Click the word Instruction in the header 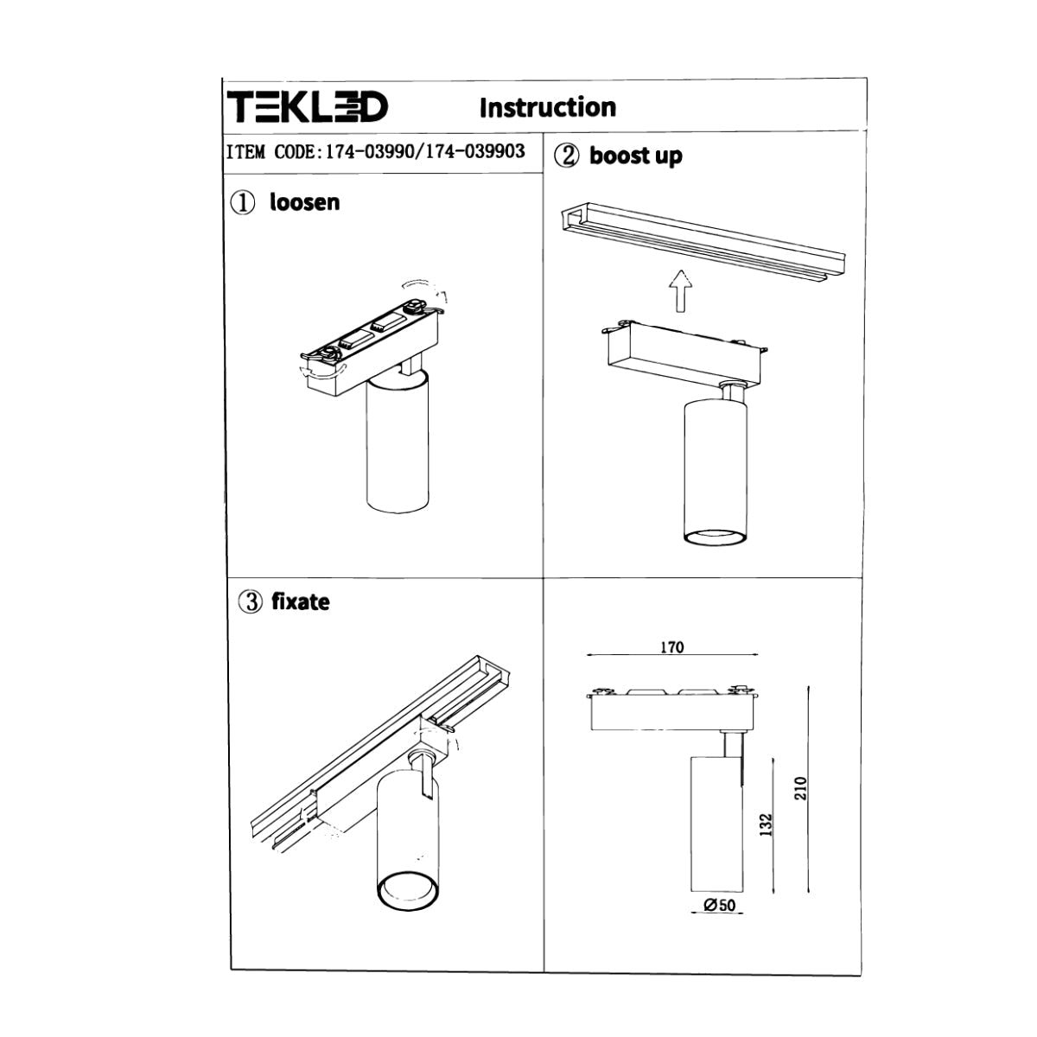pyautogui.click(x=547, y=107)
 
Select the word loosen pyautogui.click(x=304, y=202)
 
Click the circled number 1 pyautogui.click(x=243, y=203)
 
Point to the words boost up pyautogui.click(x=635, y=156)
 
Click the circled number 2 pyautogui.click(x=567, y=156)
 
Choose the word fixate pyautogui.click(x=300, y=601)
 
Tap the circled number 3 pyautogui.click(x=251, y=602)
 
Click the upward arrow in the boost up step pyautogui.click(x=680, y=290)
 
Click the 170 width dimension pyautogui.click(x=671, y=647)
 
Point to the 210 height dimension pyautogui.click(x=799, y=787)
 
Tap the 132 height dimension pyautogui.click(x=766, y=825)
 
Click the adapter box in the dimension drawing pyautogui.click(x=673, y=713)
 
